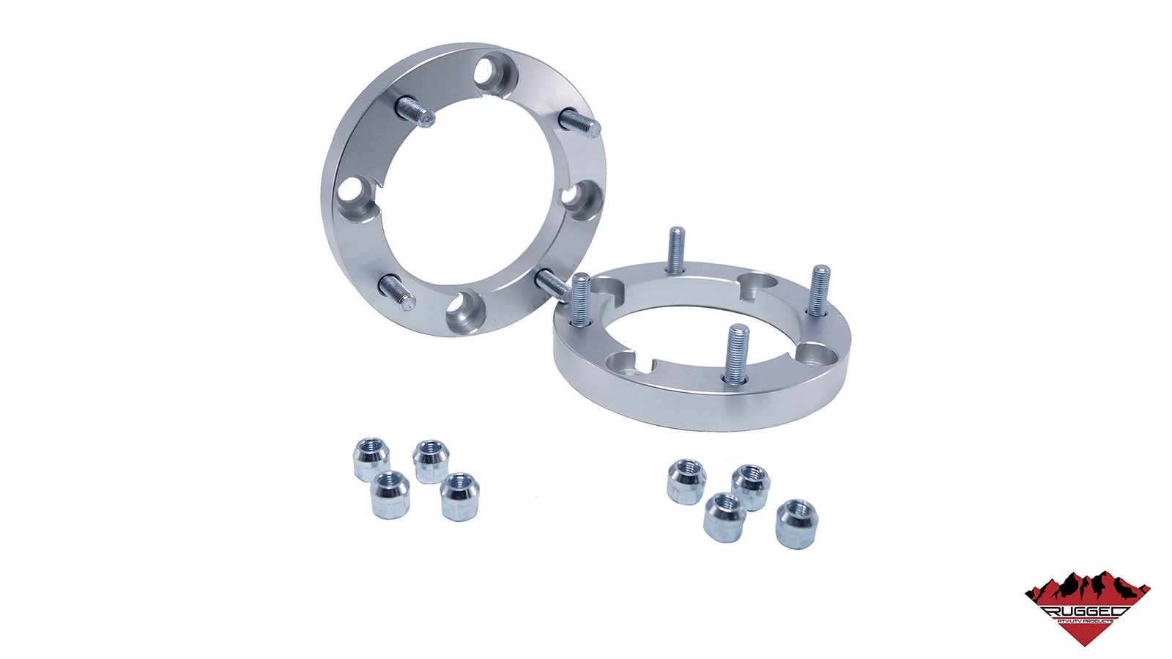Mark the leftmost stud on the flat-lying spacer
pyautogui.click(x=580, y=301)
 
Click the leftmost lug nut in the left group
pyautogui.click(x=371, y=458)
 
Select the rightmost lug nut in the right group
pyautogui.click(x=796, y=523)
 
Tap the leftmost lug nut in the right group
pyautogui.click(x=686, y=482)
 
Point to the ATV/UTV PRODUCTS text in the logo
pyautogui.click(x=1085, y=622)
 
